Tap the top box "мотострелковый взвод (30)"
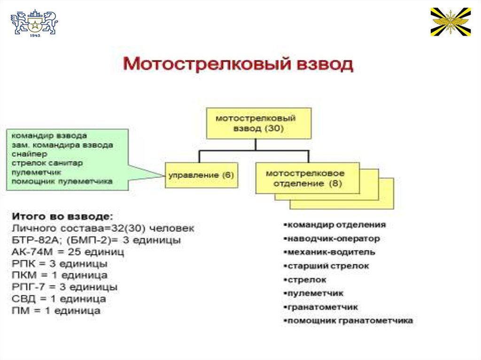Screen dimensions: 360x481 [x=256, y=123]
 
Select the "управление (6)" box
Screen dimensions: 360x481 [x=201, y=175]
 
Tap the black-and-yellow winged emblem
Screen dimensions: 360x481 [x=450, y=22]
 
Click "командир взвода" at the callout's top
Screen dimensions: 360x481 [x=49, y=136]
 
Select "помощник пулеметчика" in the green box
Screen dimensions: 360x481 [x=62, y=181]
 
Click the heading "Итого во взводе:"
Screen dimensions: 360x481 [x=62, y=217]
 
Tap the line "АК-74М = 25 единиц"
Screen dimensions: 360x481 [x=68, y=252]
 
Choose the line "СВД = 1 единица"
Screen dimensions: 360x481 [x=59, y=299]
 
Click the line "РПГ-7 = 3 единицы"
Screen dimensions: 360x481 [x=64, y=287]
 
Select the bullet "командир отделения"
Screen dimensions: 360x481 [x=336, y=225]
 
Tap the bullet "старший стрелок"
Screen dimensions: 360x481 [x=328, y=266]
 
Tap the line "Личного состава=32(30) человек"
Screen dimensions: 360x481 [x=102, y=229]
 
